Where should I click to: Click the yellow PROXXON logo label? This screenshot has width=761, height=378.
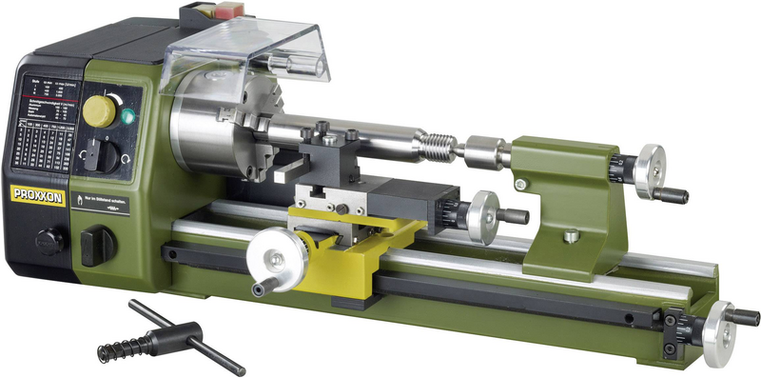tap(35, 194)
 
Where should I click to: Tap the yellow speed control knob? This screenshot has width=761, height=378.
tap(98, 110)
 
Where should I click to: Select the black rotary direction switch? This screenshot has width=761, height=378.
tap(106, 156)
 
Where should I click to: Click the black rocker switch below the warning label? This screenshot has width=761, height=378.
tap(96, 245)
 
